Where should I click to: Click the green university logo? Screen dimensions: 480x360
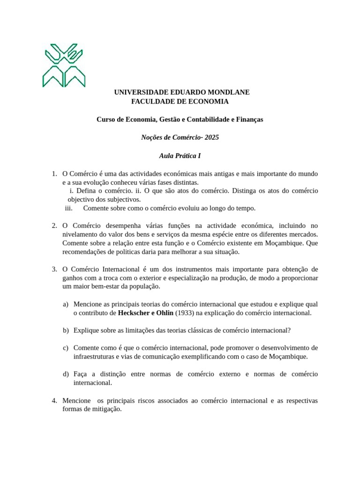click(65, 65)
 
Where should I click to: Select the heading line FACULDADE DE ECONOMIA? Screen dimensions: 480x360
click(180, 101)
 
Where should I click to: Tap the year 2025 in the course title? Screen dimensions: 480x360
click(211, 137)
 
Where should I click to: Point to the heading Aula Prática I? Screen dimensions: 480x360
click(180, 156)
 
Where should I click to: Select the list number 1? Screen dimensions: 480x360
click(54, 174)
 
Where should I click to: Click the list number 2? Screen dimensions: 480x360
click(54, 226)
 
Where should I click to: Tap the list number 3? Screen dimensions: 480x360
click(54, 269)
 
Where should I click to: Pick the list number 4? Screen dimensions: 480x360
click(54, 401)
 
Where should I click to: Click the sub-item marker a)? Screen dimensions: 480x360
click(66, 304)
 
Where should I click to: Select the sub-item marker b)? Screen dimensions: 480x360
click(66, 330)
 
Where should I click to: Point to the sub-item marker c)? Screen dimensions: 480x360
click(66, 348)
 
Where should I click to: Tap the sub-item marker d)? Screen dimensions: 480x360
click(66, 374)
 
